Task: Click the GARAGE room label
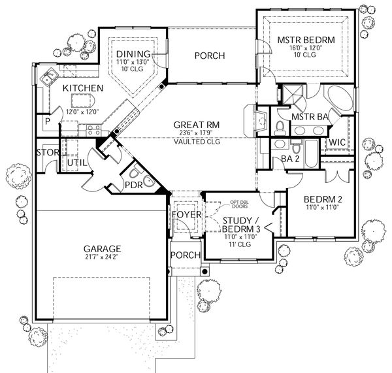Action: [x=101, y=249]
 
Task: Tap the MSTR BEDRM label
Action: [x=306, y=41]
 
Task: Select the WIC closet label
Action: [x=338, y=141]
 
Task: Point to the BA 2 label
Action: [x=272, y=159]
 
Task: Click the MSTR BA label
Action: [x=310, y=117]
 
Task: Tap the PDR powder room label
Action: [x=134, y=185]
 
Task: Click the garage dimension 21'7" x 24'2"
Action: [x=101, y=257]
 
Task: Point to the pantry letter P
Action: [x=48, y=122]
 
